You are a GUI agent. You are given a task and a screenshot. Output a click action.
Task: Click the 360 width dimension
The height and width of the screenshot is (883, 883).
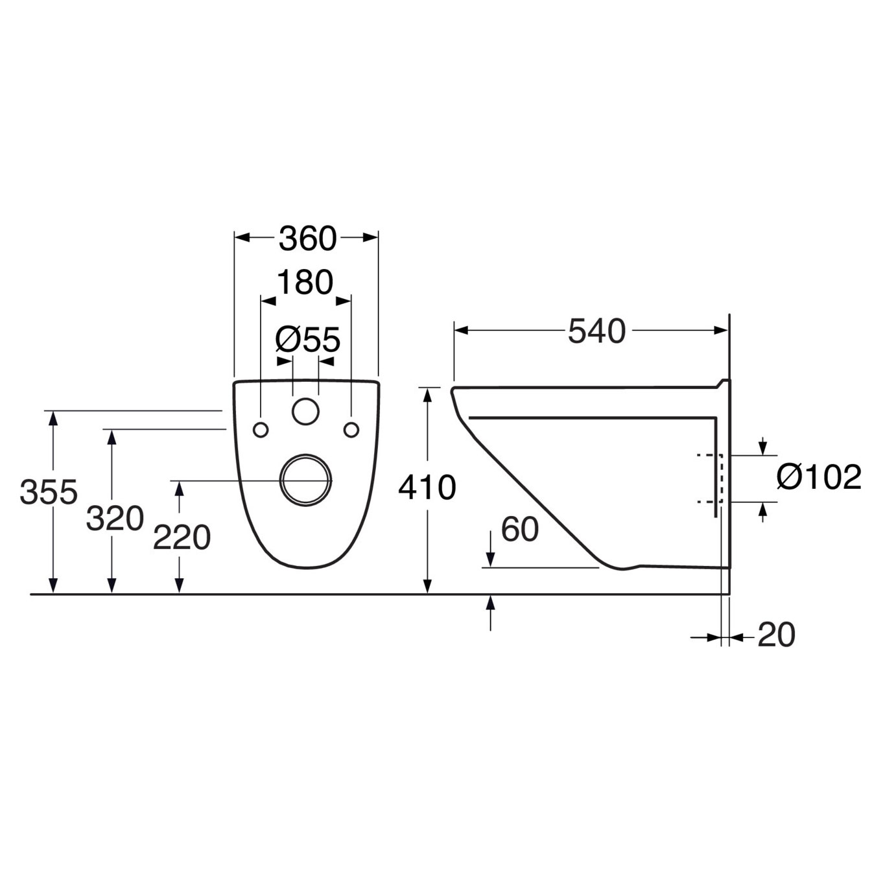coord(307,239)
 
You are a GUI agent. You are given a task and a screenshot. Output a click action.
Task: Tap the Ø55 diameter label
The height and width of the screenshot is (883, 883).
coord(308,340)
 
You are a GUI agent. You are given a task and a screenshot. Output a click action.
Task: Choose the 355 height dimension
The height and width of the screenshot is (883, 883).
coord(49,493)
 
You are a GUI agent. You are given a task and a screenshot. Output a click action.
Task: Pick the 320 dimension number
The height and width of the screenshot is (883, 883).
coord(115,519)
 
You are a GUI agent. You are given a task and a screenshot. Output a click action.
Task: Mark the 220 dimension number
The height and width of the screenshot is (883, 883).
coord(182,537)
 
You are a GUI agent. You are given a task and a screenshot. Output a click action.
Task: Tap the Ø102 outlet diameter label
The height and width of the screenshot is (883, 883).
coord(819,477)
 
